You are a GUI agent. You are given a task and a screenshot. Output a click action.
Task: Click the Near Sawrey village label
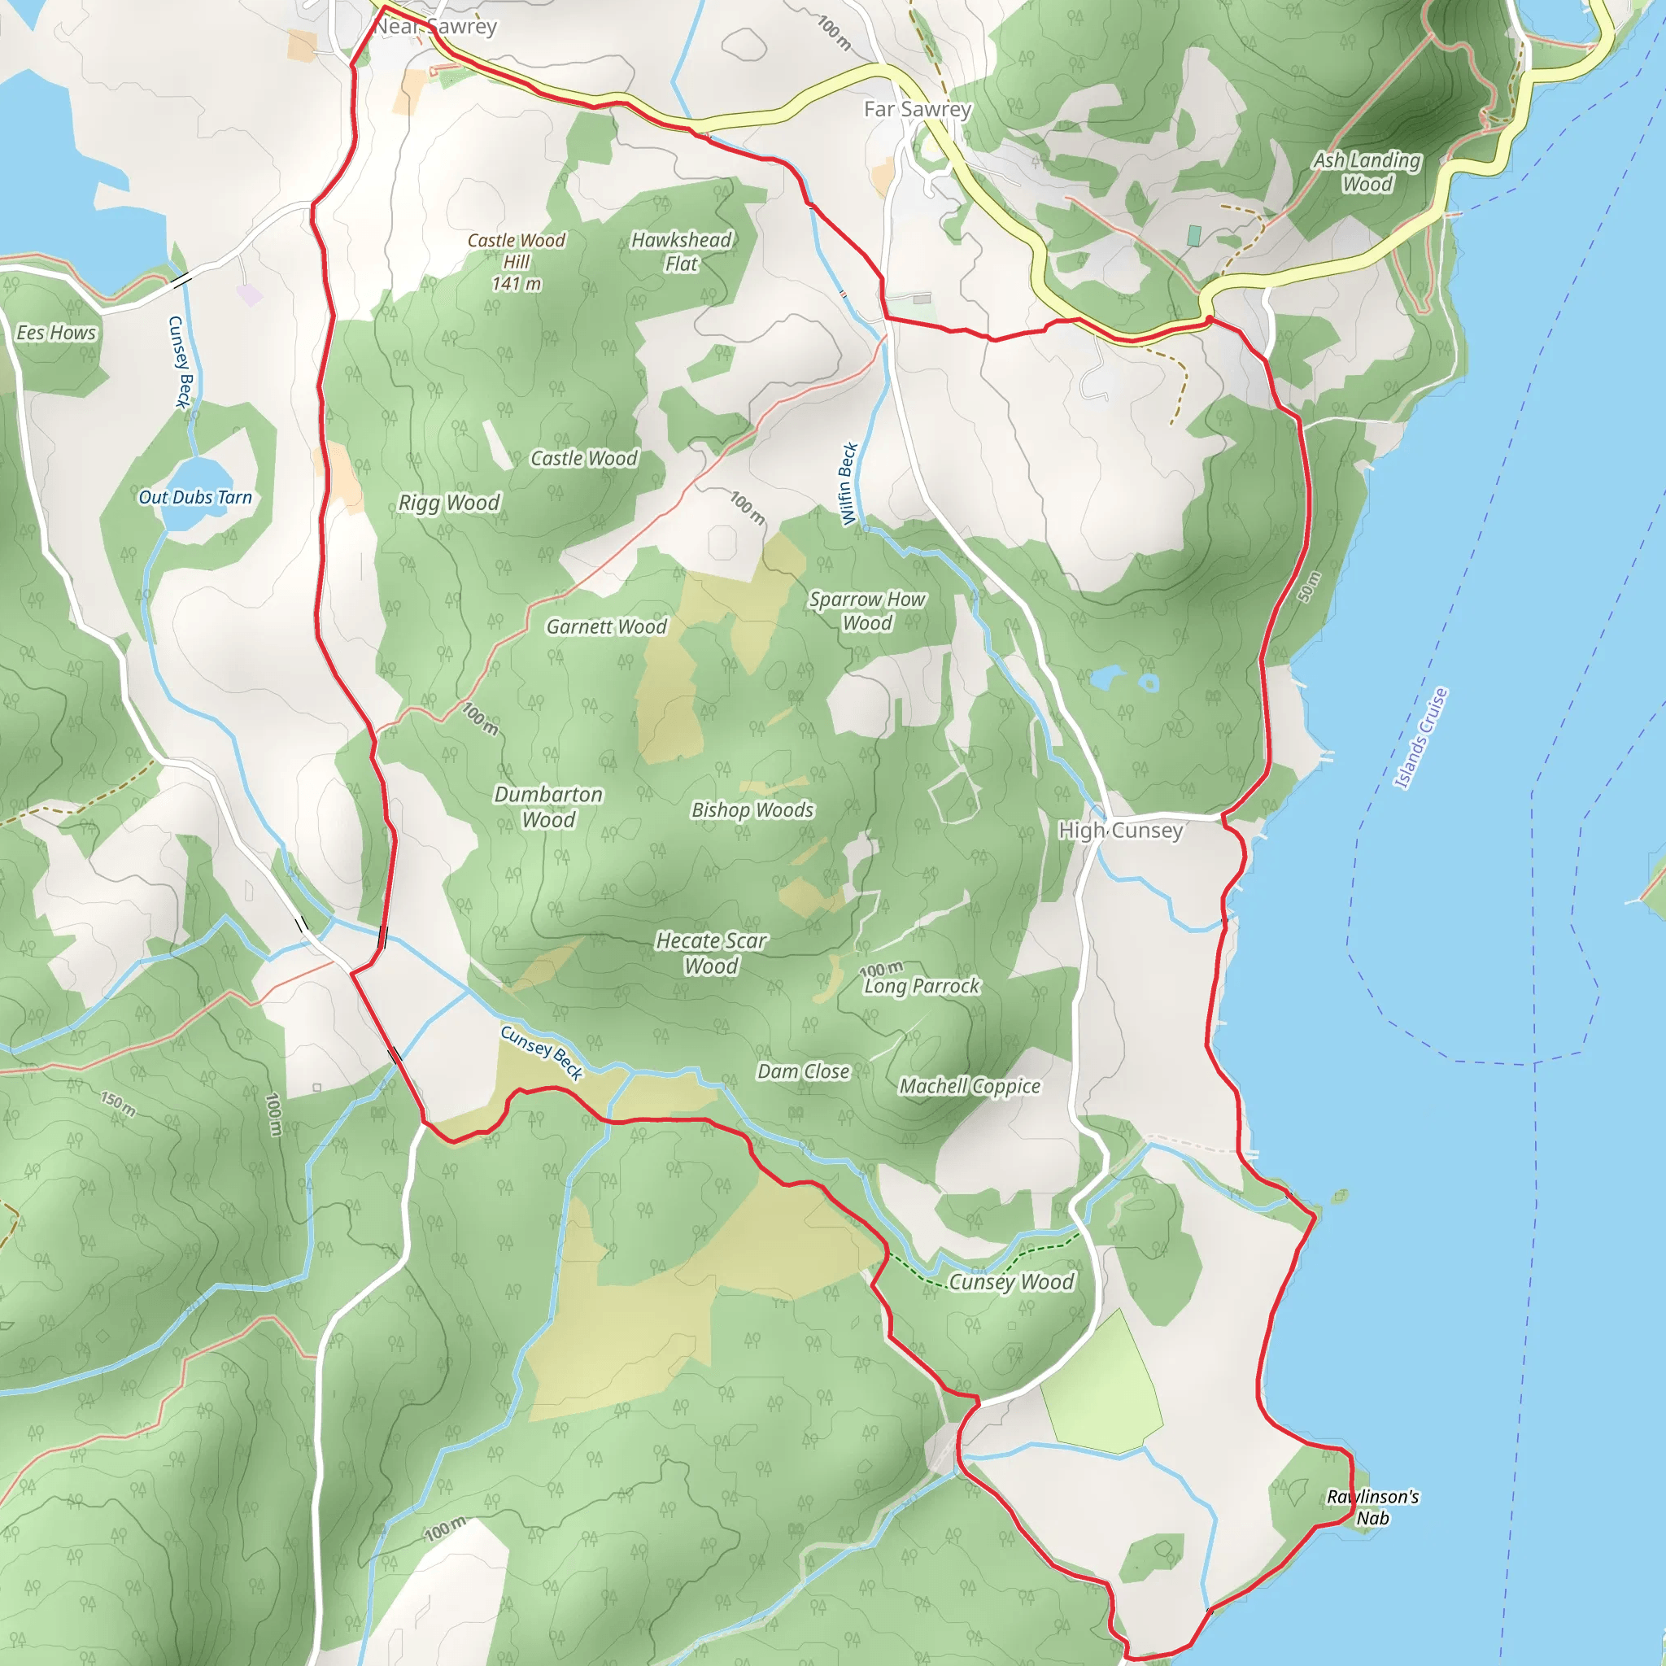[x=435, y=27]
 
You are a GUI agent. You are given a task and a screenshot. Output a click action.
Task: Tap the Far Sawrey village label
[x=918, y=110]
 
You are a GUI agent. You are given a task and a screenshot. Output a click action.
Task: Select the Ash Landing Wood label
[x=1367, y=172]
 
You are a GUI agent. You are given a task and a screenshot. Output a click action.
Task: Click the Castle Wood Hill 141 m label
[x=517, y=261]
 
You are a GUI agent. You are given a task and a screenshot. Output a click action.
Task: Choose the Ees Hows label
[x=56, y=333]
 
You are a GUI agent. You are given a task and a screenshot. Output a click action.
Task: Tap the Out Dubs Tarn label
[x=196, y=498]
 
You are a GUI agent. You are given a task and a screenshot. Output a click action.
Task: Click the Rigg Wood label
[x=448, y=503]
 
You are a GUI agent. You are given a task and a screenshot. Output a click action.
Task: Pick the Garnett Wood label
[x=606, y=627]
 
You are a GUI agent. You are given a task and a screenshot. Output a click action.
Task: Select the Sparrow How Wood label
[x=866, y=611]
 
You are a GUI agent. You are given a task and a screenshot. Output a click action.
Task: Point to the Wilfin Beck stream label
[x=848, y=484]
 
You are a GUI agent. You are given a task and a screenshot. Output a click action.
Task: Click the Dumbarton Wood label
[x=548, y=807]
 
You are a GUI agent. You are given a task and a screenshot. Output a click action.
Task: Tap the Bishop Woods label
[x=752, y=810]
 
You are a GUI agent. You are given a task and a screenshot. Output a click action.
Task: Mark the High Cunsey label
[x=1120, y=831]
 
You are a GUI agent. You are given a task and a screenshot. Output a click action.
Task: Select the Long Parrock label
[x=922, y=987]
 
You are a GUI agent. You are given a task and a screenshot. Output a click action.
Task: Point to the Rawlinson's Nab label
[x=1372, y=1507]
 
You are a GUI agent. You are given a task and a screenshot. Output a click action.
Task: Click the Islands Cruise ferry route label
[x=1421, y=738]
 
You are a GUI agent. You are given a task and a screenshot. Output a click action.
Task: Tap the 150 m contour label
[x=118, y=1104]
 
